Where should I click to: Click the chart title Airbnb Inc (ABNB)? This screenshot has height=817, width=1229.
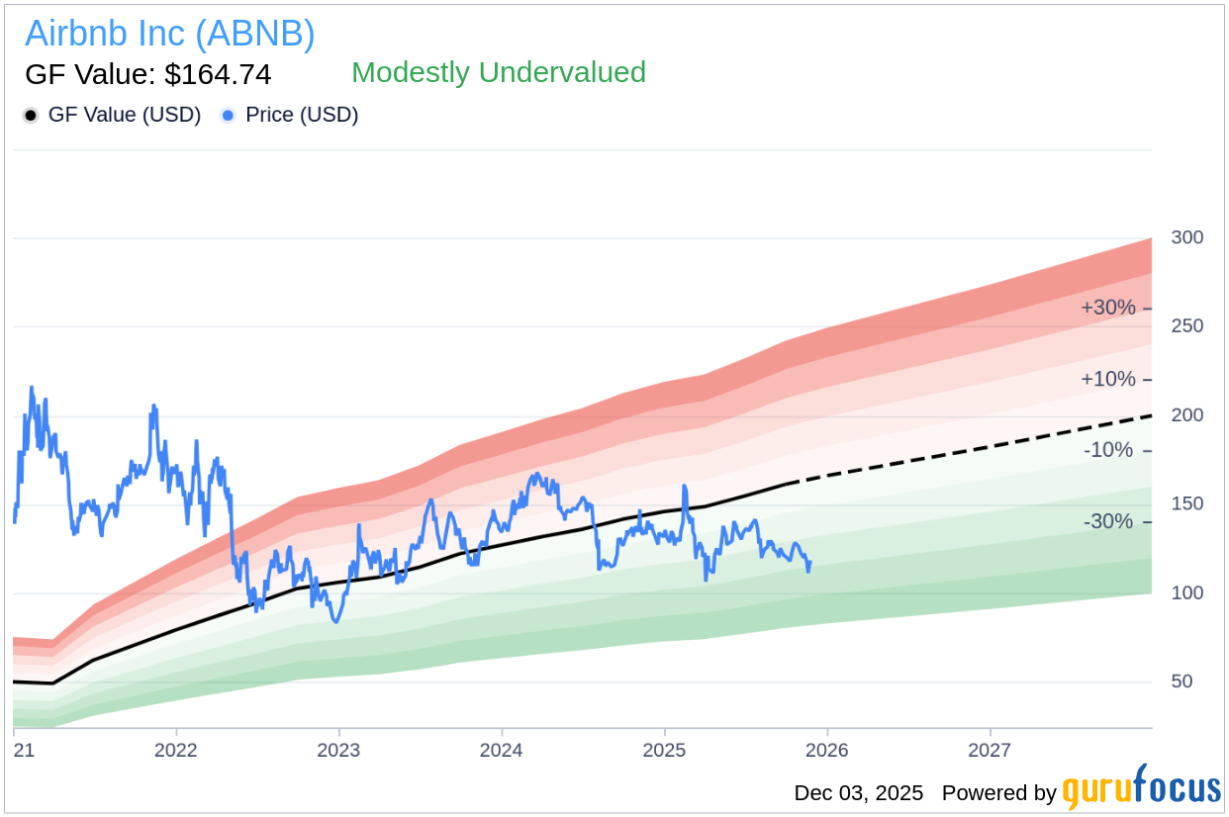click(x=170, y=34)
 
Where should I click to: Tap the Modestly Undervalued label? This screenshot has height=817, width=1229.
click(x=499, y=72)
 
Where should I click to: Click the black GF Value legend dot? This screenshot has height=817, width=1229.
click(x=31, y=115)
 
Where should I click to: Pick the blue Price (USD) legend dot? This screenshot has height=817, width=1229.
click(x=229, y=115)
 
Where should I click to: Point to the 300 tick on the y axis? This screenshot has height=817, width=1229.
click(x=1187, y=237)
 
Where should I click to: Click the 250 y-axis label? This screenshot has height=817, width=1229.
click(x=1187, y=326)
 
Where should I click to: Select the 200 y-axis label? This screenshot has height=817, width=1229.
click(x=1187, y=415)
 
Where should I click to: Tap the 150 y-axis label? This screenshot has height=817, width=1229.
click(x=1187, y=504)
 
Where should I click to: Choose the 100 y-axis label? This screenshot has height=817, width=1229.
click(x=1187, y=593)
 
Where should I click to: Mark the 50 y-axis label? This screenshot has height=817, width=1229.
click(x=1182, y=682)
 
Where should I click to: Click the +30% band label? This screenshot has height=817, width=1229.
click(x=1108, y=308)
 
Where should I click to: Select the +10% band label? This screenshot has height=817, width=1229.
click(x=1108, y=379)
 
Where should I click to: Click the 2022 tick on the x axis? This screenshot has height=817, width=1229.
click(x=176, y=750)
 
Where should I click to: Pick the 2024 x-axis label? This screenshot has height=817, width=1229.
click(x=502, y=750)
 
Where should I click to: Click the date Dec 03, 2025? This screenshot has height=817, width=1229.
click(x=858, y=793)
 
